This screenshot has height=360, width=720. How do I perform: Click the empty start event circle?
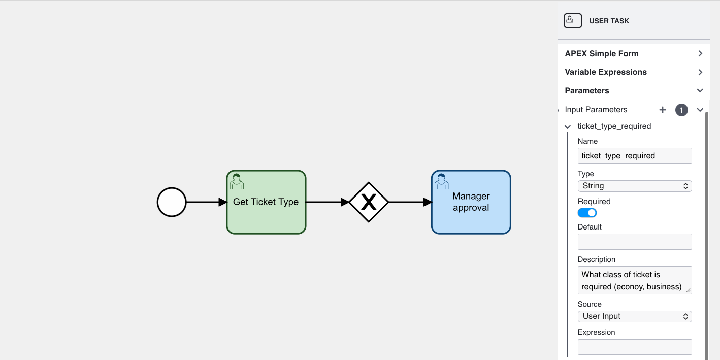tap(172, 202)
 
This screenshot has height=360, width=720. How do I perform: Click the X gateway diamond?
tap(369, 202)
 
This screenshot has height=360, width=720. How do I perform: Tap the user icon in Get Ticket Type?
tap(237, 181)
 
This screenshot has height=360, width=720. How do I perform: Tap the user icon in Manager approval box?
tap(441, 181)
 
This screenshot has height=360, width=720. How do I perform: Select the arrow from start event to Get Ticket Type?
tap(206, 202)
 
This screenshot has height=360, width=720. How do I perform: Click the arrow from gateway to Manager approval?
tap(409, 202)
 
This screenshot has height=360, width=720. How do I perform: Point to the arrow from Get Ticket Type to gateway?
tap(328, 202)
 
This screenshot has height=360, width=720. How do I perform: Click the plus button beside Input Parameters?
tap(663, 110)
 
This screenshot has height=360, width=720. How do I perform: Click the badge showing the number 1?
tap(681, 110)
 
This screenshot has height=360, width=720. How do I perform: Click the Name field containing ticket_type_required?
tap(635, 156)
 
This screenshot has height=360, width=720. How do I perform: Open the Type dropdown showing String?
tap(635, 186)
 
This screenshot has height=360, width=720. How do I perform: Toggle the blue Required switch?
tap(587, 213)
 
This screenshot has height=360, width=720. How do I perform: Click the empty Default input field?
tap(635, 242)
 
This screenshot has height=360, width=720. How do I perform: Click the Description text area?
tap(635, 280)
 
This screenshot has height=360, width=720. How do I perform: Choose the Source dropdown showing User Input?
tap(635, 316)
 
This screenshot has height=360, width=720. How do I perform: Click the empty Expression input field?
tap(635, 347)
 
